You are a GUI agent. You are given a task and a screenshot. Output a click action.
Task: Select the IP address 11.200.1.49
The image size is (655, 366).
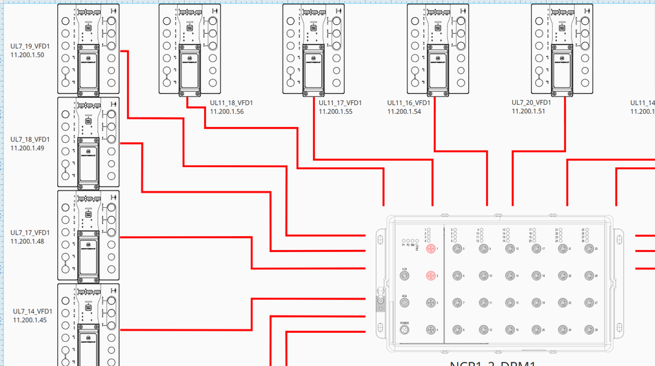[28, 148]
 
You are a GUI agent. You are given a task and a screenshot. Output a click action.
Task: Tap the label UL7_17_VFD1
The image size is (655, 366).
[30, 233]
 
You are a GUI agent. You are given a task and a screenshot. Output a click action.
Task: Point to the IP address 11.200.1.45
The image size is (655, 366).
[30, 320]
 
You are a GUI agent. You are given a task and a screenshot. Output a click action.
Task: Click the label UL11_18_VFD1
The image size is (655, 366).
[232, 103]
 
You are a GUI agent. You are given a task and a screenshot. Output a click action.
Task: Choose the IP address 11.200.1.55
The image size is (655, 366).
[336, 111]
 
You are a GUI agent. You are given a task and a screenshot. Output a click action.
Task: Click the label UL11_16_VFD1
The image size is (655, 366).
[409, 103]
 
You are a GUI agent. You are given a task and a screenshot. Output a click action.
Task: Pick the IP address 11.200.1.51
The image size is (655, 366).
[528, 110]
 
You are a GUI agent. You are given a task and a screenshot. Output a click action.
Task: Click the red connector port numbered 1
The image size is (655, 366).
[430, 249]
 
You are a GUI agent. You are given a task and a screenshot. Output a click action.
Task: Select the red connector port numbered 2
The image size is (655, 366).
[430, 276]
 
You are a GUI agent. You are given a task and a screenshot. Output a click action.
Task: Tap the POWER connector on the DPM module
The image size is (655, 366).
[405, 330]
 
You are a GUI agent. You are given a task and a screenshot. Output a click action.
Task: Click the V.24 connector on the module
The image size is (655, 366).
[405, 276]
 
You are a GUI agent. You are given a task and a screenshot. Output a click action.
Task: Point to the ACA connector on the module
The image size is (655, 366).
[405, 302]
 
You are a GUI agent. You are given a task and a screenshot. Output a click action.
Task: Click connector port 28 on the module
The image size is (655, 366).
[589, 330]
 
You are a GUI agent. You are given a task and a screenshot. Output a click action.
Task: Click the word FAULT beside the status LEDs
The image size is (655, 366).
[417, 244]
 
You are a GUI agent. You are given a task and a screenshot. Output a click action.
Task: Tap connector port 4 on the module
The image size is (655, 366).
[430, 330]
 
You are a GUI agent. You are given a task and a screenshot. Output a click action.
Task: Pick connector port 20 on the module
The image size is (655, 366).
[536, 330]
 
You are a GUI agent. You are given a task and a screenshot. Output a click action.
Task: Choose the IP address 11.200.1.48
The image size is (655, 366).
[28, 241]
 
